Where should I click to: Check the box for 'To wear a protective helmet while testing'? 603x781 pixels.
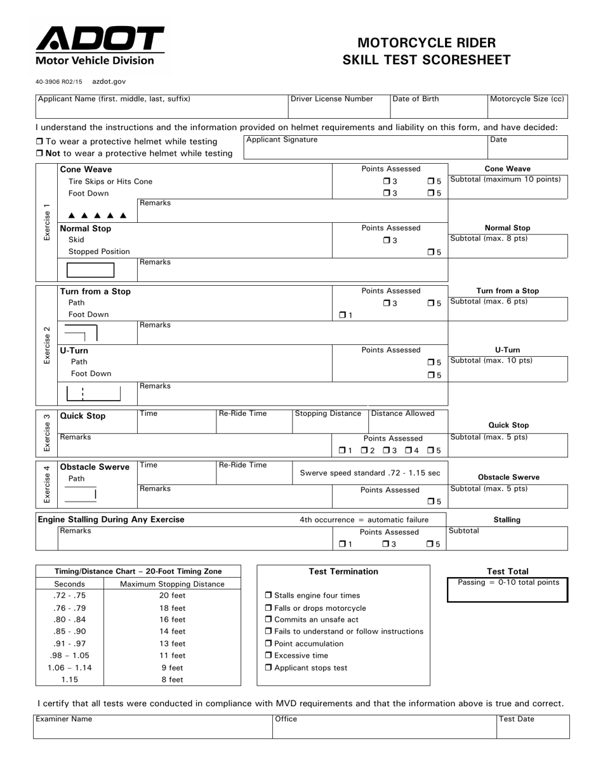coord(39,142)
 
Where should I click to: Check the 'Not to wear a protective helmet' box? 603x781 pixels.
coord(39,154)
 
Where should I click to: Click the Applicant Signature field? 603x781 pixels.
coord(365,147)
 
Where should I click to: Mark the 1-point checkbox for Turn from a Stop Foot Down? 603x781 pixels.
coord(343,315)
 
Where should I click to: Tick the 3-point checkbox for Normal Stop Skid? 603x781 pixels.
coord(387,241)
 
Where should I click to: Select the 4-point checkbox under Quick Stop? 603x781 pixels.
coord(409,451)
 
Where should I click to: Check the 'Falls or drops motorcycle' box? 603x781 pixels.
coord(268,608)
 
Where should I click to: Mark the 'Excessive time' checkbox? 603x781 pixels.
coord(268,655)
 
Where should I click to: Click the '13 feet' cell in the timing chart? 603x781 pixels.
coord(172,643)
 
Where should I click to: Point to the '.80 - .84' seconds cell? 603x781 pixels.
coord(69,620)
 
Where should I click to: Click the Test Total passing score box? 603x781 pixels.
coord(508,590)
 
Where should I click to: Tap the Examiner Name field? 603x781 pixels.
coord(153,727)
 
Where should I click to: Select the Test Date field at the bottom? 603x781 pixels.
coord(533,727)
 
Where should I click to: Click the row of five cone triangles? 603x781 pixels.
coord(98,215)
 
